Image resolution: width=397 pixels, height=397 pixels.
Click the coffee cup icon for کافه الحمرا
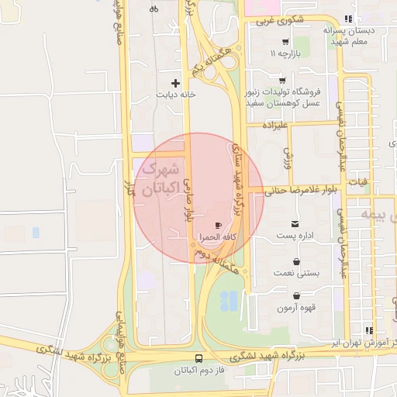[x=218, y=225]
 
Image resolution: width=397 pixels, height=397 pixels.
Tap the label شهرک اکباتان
[x=162, y=178]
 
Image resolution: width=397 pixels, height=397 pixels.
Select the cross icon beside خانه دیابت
[x=175, y=83]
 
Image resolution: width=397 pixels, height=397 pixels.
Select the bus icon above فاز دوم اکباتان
[x=199, y=358]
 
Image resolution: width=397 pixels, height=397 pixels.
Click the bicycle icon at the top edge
[x=154, y=9]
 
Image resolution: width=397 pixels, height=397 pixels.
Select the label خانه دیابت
[x=175, y=95]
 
